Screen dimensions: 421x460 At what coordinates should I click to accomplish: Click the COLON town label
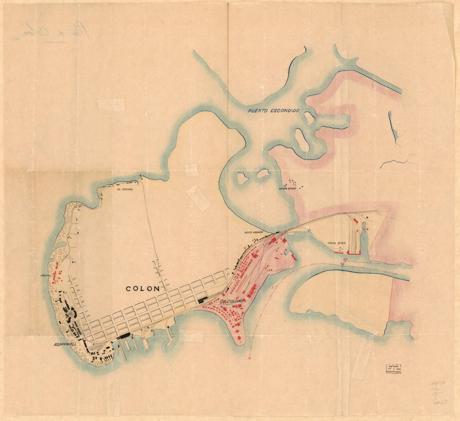[143, 288]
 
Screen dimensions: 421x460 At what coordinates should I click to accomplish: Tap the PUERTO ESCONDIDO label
[273, 111]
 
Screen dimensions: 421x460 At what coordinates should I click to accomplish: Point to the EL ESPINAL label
[125, 189]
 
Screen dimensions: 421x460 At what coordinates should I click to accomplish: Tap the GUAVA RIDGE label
[288, 188]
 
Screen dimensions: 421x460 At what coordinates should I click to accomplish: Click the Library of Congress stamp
[394, 368]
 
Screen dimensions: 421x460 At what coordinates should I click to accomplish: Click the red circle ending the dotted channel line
[250, 358]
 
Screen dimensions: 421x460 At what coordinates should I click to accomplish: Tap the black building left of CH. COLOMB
[202, 299]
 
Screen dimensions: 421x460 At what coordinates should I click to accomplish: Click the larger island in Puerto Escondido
[302, 139]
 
